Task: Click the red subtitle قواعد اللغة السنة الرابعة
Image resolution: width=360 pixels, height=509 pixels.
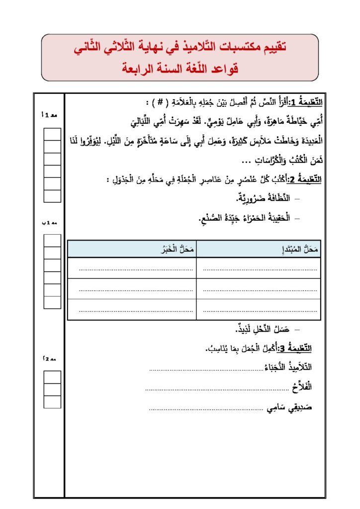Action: click(x=180, y=68)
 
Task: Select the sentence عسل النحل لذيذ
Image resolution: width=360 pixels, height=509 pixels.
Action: click(x=264, y=329)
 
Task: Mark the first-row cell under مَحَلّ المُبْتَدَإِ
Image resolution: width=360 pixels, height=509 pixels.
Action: click(x=257, y=269)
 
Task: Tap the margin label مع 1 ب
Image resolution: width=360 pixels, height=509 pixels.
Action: click(x=50, y=223)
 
